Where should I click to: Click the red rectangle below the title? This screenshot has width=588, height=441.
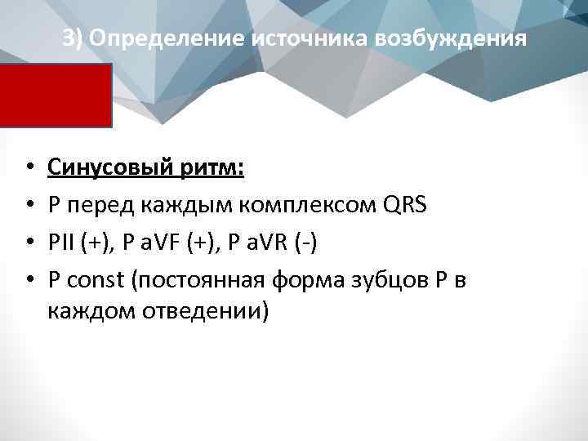coord(56,96)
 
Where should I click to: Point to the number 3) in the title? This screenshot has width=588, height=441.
coord(73,39)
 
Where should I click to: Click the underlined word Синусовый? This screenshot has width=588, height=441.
coord(109,168)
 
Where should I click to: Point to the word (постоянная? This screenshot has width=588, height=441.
coord(192,281)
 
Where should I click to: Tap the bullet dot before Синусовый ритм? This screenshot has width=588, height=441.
coord(29,168)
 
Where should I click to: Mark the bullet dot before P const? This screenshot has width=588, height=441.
coord(29,281)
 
